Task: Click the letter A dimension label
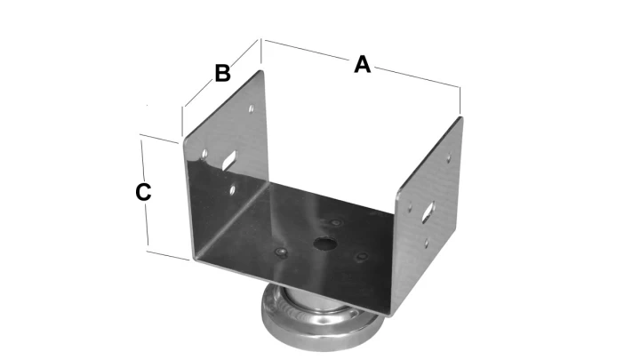point(362,65)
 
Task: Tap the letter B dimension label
point(222,74)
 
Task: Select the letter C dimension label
point(143,192)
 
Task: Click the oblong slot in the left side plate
point(229,159)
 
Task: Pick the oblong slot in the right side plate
point(428,212)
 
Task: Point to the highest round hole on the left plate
point(252,109)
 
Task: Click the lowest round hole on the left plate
point(233,189)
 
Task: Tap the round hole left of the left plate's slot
point(205,154)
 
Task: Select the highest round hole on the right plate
point(449,157)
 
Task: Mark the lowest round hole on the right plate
point(427,244)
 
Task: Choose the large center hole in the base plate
point(325,244)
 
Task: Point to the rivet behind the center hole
point(336,223)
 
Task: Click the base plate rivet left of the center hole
point(281,252)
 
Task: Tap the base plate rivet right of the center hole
point(362,257)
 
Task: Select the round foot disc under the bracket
point(323,318)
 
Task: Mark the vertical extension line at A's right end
point(460,100)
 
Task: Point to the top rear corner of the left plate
point(261,72)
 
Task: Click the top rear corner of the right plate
point(460,118)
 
